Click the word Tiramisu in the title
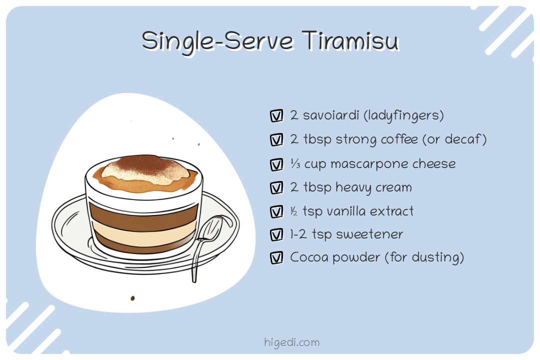(x=350, y=40)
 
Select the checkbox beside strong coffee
(x=276, y=140)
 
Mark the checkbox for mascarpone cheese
(x=276, y=164)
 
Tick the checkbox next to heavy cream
(x=276, y=188)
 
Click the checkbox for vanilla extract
(x=276, y=212)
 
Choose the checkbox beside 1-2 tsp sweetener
(x=276, y=234)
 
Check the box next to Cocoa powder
(x=276, y=258)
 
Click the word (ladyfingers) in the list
(x=403, y=116)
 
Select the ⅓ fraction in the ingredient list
(x=294, y=164)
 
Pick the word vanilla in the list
(x=345, y=211)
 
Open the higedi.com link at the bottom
(x=291, y=342)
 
